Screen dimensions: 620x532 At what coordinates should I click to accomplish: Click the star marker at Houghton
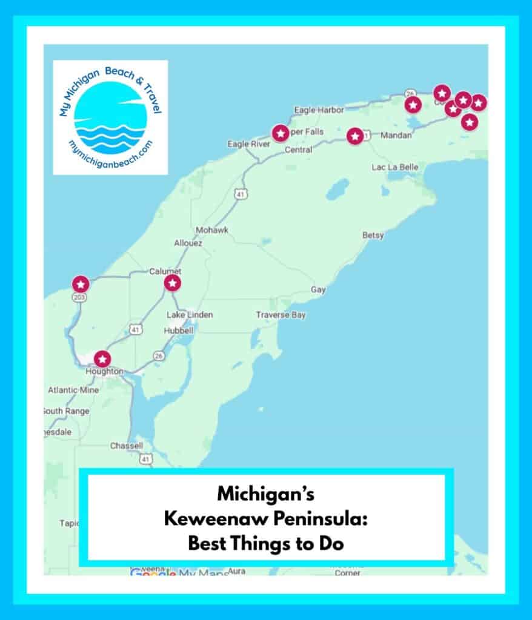point(104,359)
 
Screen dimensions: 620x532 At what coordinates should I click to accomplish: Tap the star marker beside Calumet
point(173,283)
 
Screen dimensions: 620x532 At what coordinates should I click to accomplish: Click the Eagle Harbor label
point(319,110)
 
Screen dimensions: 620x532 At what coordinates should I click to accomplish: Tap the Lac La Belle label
point(395,167)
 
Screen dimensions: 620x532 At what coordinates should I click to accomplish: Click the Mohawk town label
point(211,231)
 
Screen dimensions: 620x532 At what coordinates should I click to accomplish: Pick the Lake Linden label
point(190,315)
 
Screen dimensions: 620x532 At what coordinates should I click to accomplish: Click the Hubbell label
point(179,331)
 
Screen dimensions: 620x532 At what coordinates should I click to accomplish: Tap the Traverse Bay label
point(281,315)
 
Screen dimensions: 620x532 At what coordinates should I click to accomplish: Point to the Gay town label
point(318,290)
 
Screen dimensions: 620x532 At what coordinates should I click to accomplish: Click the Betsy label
point(373,236)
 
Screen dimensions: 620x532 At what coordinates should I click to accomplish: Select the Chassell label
point(127,446)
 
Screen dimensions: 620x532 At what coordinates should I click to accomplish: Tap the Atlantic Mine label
point(73,390)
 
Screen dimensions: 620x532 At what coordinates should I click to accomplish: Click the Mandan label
point(396,136)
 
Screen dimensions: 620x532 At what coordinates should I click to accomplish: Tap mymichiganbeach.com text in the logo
point(111,157)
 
